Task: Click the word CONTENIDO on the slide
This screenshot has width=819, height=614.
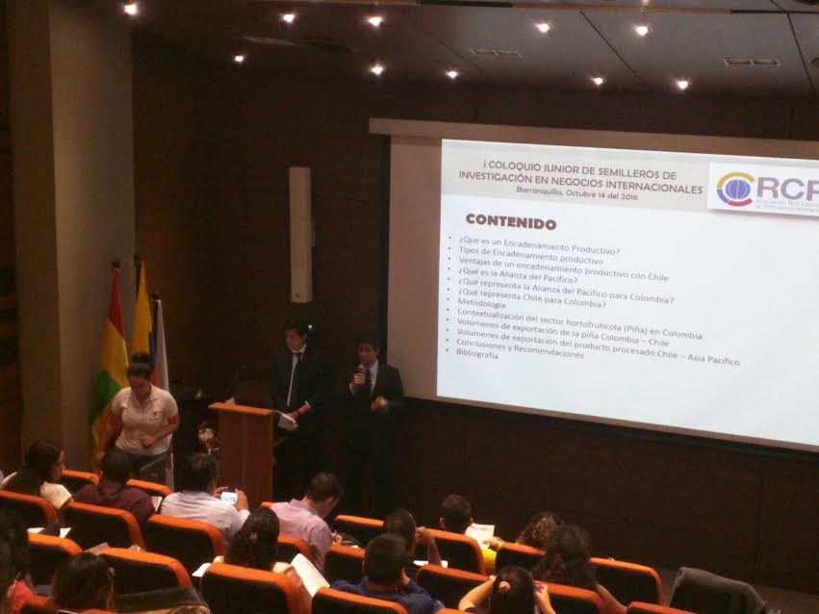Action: (x=510, y=222)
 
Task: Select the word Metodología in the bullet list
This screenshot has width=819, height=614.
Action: (x=481, y=303)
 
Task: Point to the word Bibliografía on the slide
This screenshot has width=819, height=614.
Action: (x=477, y=354)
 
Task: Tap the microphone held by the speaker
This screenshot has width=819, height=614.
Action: (x=362, y=370)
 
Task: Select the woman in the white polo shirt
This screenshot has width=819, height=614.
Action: (x=143, y=410)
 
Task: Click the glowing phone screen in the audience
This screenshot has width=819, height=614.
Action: (x=229, y=497)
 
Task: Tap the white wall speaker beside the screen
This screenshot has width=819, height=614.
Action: (x=300, y=234)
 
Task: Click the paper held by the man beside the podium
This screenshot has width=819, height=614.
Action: (x=287, y=420)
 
